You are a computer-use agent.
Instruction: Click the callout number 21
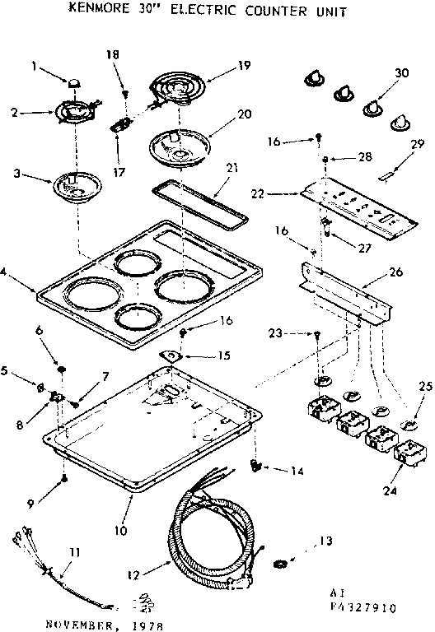(232, 168)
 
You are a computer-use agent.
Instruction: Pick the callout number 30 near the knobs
(402, 72)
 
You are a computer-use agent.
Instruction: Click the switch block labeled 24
(409, 453)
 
